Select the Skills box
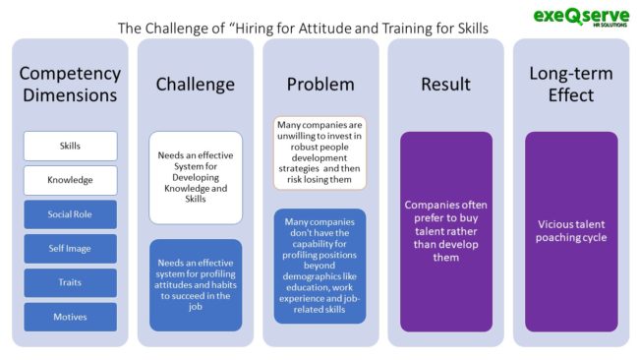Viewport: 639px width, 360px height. pos(70,146)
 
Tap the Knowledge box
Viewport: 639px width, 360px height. pos(70,180)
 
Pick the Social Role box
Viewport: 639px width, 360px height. pos(70,214)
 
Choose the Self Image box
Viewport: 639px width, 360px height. pos(70,249)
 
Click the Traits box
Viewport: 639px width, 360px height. pos(70,282)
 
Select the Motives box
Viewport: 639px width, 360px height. pos(70,317)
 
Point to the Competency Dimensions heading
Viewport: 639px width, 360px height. pos(70,84)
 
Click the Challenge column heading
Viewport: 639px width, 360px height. pos(195,84)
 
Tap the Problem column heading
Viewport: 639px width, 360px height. pos(319,84)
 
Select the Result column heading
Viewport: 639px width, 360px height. pos(445,84)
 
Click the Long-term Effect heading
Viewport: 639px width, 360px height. pos(570,84)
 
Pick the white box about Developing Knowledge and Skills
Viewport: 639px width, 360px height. pos(195,177)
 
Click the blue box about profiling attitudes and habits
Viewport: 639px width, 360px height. pos(195,284)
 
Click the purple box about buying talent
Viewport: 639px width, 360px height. pos(445,231)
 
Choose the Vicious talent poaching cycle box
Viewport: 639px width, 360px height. pos(570,231)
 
